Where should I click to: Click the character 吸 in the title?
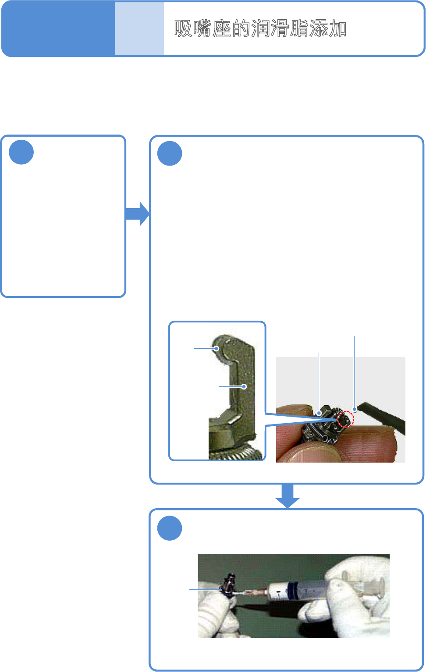[x=184, y=29]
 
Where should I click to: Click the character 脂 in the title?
[x=299, y=29]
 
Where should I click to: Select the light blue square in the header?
[x=139, y=29]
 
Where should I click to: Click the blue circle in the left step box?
[x=21, y=152]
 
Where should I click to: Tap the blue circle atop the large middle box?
[x=170, y=153]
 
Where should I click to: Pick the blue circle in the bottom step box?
[x=170, y=528]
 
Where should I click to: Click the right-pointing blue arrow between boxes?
[x=138, y=214]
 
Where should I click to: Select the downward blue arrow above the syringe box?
[x=288, y=496]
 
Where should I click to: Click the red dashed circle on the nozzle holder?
[x=346, y=419]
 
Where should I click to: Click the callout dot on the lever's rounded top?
[x=217, y=349]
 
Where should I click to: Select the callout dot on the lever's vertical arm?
[x=244, y=386]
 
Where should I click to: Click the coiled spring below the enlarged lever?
[x=237, y=454]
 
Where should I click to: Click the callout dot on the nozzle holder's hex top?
[x=319, y=413]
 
